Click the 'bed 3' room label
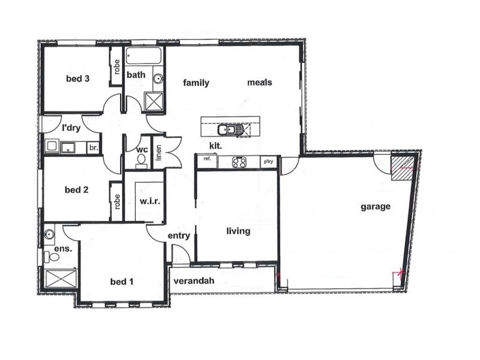[x=77, y=79]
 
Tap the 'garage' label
[x=376, y=207]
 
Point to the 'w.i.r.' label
[x=149, y=202]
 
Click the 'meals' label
[x=260, y=82]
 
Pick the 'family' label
[x=196, y=83]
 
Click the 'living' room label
[x=238, y=231]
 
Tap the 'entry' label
[x=179, y=236]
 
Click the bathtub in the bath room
[x=144, y=59]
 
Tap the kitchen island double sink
[x=230, y=128]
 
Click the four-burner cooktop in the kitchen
[x=240, y=162]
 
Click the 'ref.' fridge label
[x=207, y=159]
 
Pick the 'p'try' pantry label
[x=268, y=162]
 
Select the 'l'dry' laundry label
[x=71, y=128]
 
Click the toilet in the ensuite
[x=52, y=257]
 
